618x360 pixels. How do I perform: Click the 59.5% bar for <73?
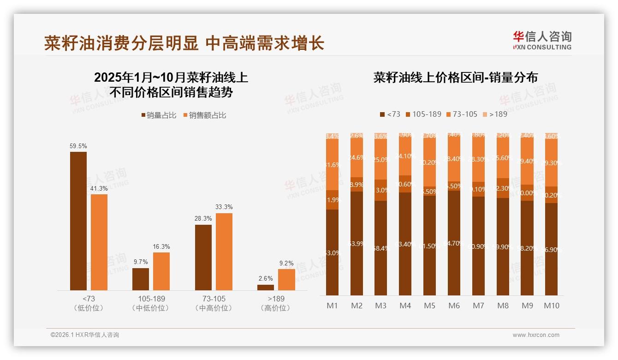tap(78, 221)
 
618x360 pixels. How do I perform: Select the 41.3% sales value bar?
tap(99, 242)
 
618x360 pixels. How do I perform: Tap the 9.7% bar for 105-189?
tap(141, 279)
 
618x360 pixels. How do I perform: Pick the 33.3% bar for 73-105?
tap(224, 252)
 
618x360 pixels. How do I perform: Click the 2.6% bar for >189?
tap(266, 287)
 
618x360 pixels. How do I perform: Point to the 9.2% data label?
tap(286, 264)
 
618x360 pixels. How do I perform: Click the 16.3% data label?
tap(161, 247)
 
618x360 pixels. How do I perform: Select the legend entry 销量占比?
tap(159, 115)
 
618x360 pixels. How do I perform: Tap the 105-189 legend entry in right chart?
tap(423, 114)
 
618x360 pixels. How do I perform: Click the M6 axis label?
tap(454, 306)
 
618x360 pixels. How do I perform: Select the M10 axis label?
tap(552, 306)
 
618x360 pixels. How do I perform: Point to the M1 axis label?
tap(332, 306)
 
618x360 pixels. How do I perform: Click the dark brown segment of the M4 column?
tap(405, 244)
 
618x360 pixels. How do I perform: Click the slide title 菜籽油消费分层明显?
tap(122, 43)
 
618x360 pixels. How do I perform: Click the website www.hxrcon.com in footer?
tap(536, 335)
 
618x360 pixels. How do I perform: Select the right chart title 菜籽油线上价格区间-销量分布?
tap(455, 78)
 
